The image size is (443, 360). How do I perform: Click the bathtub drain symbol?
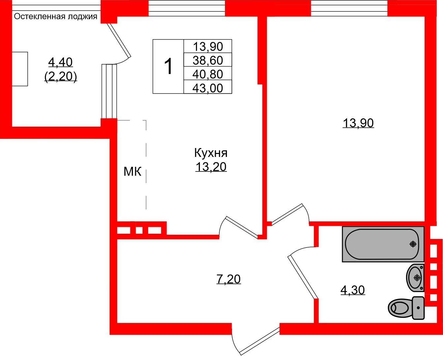point(413,244)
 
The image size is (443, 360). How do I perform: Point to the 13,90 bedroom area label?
point(358,123)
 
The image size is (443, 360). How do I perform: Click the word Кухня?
point(211,153)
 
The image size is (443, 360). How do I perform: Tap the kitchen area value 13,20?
point(211,167)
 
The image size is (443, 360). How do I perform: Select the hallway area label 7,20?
point(229,279)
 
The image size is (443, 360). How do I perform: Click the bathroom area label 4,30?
point(353,290)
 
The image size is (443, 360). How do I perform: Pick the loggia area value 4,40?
point(60,62)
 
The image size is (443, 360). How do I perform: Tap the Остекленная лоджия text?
point(56,16)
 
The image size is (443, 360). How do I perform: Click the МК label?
point(132,171)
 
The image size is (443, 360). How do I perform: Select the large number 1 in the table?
point(168,66)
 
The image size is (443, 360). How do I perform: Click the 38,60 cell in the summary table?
point(208,60)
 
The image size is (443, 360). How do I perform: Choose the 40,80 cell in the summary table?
point(208,74)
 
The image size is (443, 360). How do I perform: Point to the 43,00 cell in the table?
point(208,88)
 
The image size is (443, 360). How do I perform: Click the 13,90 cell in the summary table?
point(208,46)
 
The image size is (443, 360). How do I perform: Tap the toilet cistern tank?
point(418,308)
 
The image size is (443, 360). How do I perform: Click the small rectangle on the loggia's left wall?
point(20,69)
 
